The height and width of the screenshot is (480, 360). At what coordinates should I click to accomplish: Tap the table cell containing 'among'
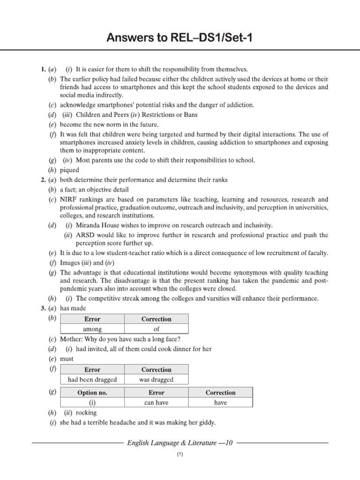tap(92, 330)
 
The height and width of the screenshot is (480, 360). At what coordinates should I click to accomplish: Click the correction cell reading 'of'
tap(157, 330)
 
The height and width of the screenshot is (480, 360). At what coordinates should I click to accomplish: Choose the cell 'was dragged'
tap(157, 380)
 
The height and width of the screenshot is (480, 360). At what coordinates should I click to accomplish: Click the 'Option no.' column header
tap(92, 393)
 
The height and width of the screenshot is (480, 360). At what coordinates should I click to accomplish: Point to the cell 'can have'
tap(157, 403)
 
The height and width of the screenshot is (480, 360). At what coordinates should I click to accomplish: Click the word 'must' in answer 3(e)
tap(67, 359)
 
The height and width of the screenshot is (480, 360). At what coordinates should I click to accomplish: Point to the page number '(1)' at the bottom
tap(180, 455)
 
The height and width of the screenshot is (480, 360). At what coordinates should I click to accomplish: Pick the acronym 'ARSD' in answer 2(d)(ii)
tap(85, 235)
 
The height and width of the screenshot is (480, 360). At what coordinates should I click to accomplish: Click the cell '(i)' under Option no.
tap(92, 403)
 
